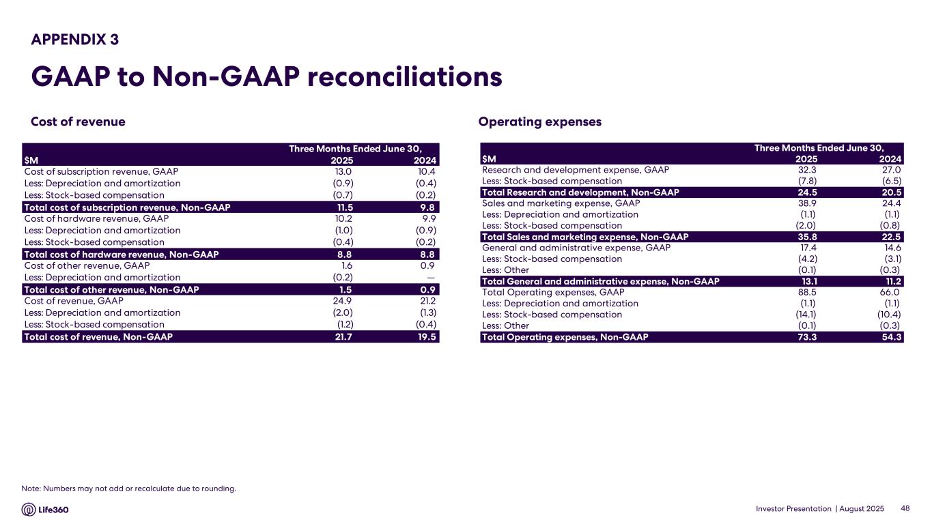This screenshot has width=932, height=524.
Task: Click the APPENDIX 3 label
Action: point(75,40)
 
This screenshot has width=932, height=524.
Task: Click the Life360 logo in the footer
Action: point(46,510)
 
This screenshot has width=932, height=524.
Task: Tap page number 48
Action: point(905,509)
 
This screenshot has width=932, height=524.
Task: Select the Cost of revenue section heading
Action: point(78,122)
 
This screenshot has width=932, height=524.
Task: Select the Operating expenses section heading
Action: point(539,122)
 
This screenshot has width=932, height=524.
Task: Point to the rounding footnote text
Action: point(128,488)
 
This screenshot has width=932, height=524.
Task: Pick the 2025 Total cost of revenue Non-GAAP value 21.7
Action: point(343,336)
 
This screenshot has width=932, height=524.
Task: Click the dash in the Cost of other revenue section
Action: point(432,278)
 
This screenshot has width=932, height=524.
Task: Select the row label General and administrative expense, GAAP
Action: point(576,248)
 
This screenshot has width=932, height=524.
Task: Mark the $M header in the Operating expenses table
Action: point(490,160)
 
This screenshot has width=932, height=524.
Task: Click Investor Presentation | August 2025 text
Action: point(820,509)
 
